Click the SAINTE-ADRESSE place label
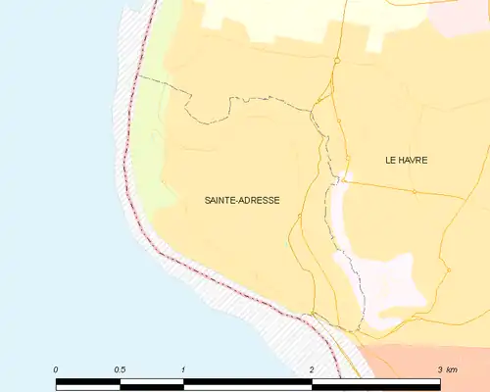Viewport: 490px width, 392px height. coord(241,200)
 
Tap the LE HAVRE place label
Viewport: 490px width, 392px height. coord(407,160)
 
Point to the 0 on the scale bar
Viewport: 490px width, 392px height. coord(56,369)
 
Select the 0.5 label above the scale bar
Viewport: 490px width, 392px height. coord(120,369)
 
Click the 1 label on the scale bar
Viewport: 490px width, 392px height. coord(183,369)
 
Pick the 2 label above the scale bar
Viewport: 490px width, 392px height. coord(311,369)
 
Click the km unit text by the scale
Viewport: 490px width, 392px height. coord(451,369)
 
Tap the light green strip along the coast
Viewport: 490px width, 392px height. coord(147,118)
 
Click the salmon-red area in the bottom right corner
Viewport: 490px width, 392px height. coord(431,359)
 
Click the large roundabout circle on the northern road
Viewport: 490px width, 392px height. coord(336,60)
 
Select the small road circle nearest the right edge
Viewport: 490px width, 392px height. coord(448,269)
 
